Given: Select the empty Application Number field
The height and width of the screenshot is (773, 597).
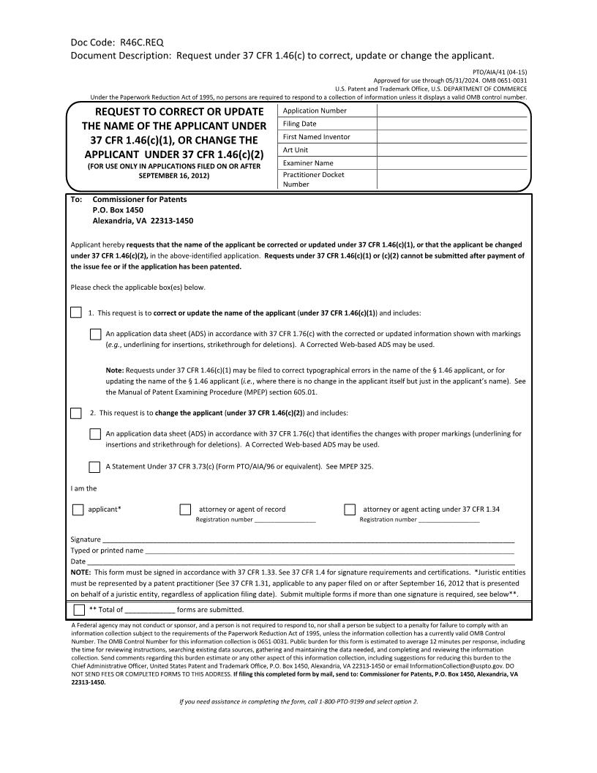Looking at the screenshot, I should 451,111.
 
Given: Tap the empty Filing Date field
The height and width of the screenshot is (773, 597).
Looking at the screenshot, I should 451,124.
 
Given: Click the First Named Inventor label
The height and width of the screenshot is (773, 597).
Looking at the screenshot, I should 316,137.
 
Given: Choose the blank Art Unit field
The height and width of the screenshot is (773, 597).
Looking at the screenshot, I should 451,150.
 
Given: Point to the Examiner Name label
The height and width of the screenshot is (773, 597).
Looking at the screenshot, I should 308,163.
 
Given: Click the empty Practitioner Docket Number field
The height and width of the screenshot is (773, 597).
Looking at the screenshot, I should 451,179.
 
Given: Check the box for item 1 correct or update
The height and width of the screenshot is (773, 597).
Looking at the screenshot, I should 77,313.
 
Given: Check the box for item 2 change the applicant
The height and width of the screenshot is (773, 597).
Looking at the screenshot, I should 77,413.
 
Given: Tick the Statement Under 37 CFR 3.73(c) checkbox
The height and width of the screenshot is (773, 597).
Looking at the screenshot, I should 95,466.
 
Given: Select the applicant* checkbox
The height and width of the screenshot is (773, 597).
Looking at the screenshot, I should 78,509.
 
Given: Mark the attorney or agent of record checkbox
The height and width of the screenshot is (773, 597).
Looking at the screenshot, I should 185,509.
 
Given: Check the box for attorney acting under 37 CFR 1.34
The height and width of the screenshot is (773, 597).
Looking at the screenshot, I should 350,509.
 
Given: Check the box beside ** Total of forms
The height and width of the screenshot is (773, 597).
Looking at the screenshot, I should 79,610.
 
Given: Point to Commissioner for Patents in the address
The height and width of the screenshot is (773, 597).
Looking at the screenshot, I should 140,199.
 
